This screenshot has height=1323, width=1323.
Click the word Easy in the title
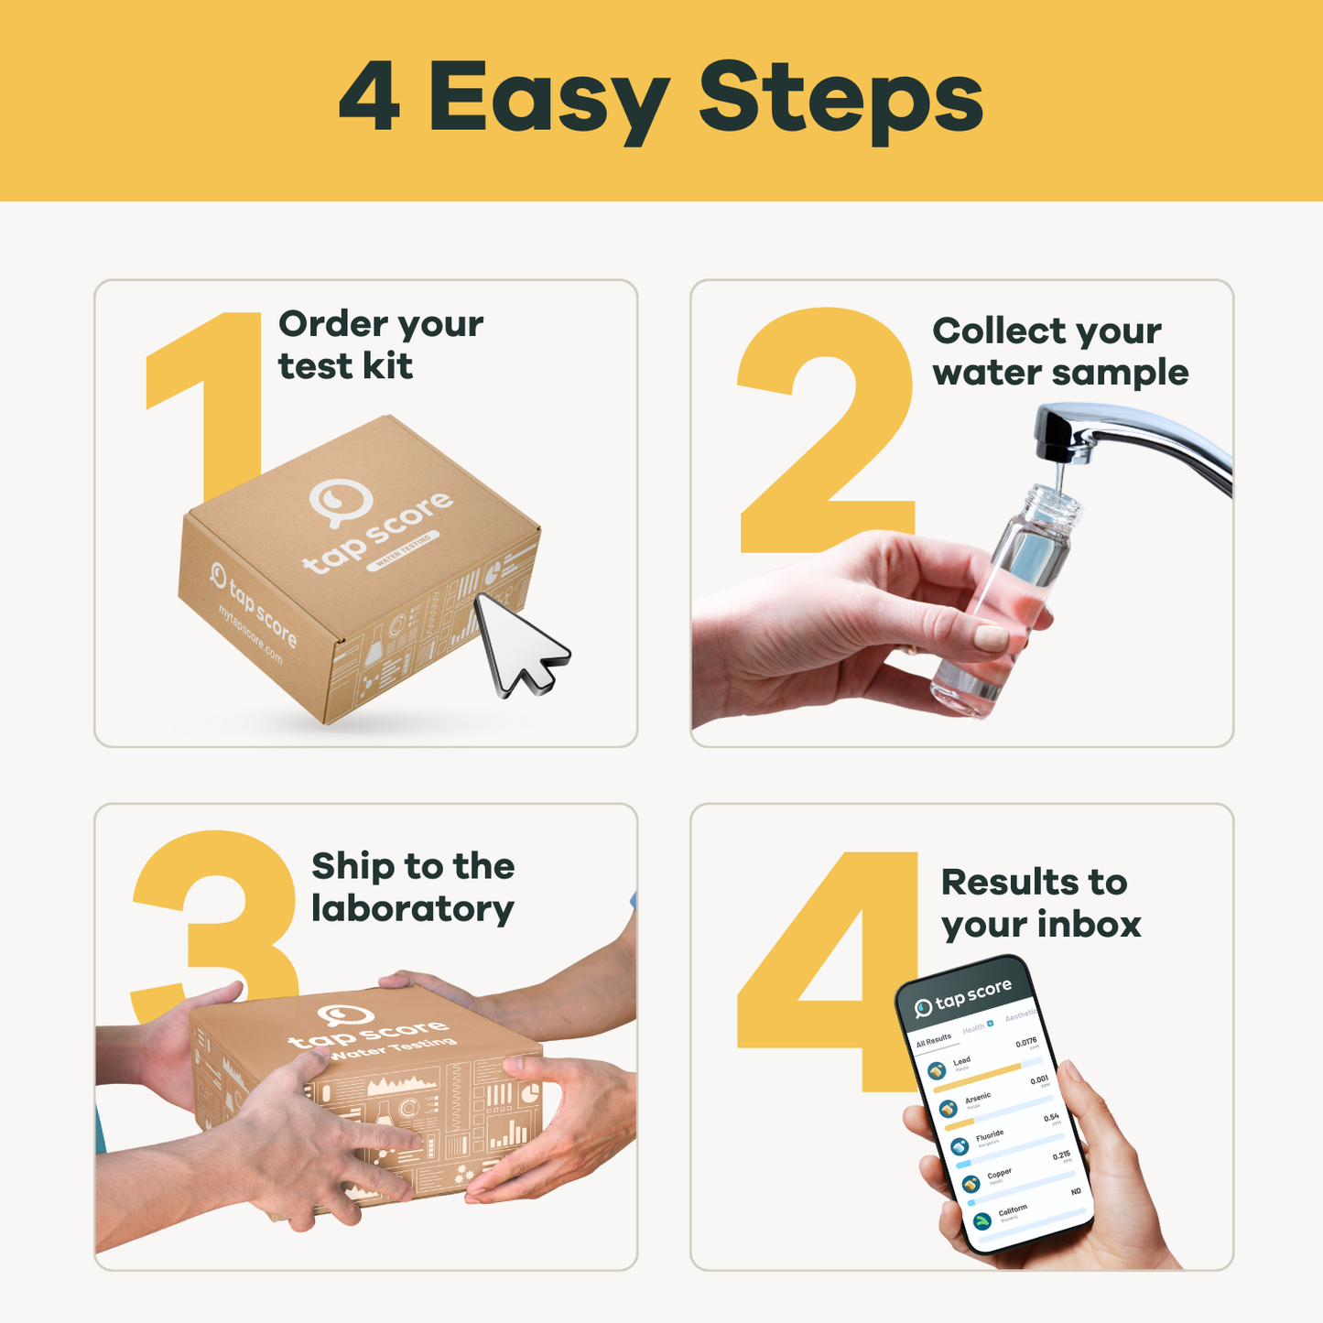coord(548,99)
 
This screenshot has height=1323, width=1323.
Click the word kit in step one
coord(388,366)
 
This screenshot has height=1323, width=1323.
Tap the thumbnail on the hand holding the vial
coord(991,637)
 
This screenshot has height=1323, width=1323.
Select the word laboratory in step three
coord(412,909)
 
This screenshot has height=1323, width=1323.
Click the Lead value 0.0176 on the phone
coord(1025,1043)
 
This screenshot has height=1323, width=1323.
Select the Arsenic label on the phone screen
coord(977,1097)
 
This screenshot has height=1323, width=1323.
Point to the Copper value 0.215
coord(1061,1156)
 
